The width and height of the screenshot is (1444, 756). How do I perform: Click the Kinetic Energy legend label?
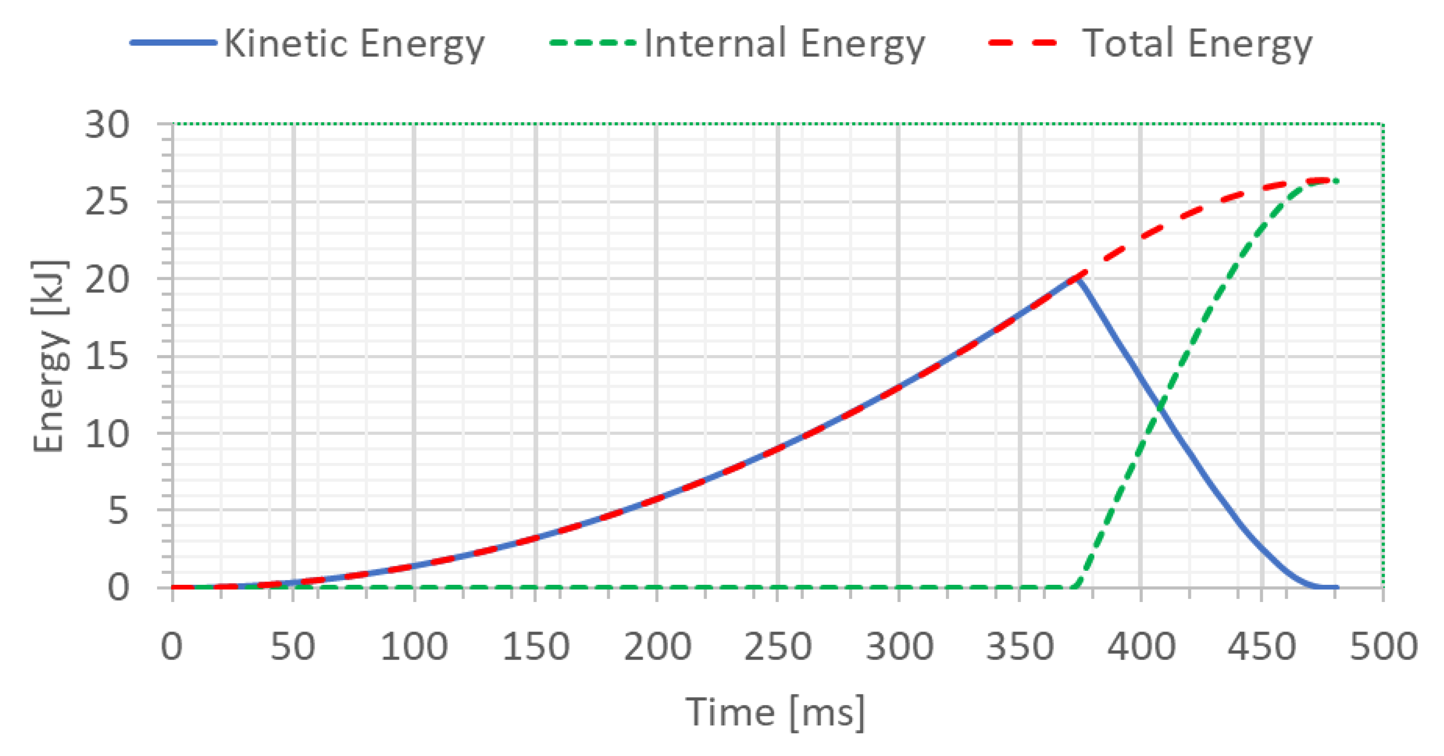click(354, 44)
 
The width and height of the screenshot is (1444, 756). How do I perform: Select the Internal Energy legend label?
click(784, 44)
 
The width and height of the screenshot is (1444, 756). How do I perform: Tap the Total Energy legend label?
click(1196, 44)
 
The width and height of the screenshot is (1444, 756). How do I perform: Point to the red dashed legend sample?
click(1023, 43)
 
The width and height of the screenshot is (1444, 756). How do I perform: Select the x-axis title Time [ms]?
click(775, 712)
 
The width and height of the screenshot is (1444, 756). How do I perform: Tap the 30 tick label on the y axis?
click(107, 125)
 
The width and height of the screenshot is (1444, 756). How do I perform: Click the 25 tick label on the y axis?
click(107, 202)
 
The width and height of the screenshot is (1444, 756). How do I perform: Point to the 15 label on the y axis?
click(107, 356)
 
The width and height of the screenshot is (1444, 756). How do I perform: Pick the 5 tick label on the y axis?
click(118, 510)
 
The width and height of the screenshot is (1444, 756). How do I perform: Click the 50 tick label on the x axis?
click(293, 647)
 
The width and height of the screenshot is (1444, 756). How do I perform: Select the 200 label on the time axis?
click(657, 647)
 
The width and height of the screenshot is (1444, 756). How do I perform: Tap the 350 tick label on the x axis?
click(1020, 647)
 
